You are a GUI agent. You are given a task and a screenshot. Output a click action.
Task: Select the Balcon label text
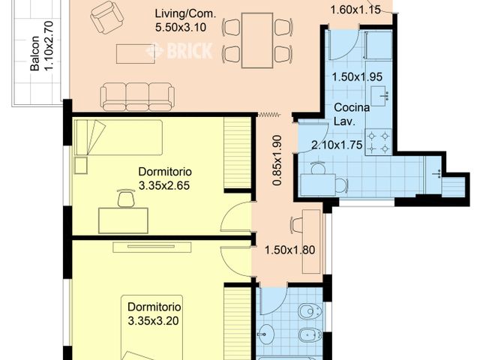[x=34, y=56]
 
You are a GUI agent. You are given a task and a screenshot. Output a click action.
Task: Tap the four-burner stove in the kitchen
[x=379, y=142]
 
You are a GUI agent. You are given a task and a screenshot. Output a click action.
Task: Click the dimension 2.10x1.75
[x=337, y=145]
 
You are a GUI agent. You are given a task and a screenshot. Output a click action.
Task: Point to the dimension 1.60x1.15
[x=355, y=10]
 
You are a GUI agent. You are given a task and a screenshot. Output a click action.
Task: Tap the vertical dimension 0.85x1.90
[x=277, y=160]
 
